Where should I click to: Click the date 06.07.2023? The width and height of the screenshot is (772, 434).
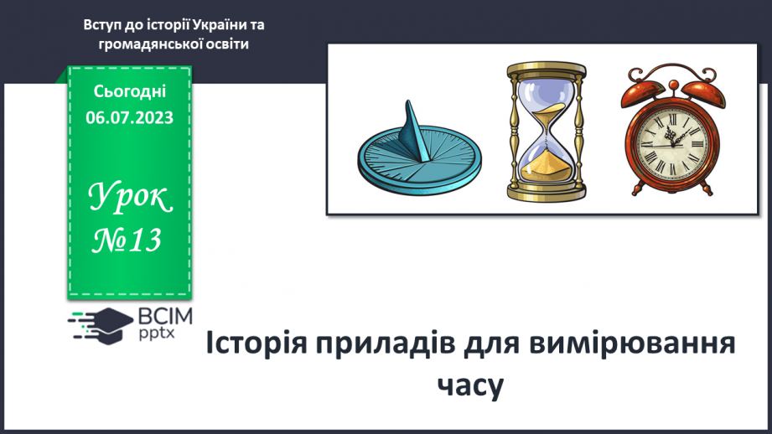click(129, 117)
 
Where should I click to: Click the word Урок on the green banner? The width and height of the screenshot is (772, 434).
click(130, 198)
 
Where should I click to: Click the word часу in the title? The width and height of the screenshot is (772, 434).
click(470, 386)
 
